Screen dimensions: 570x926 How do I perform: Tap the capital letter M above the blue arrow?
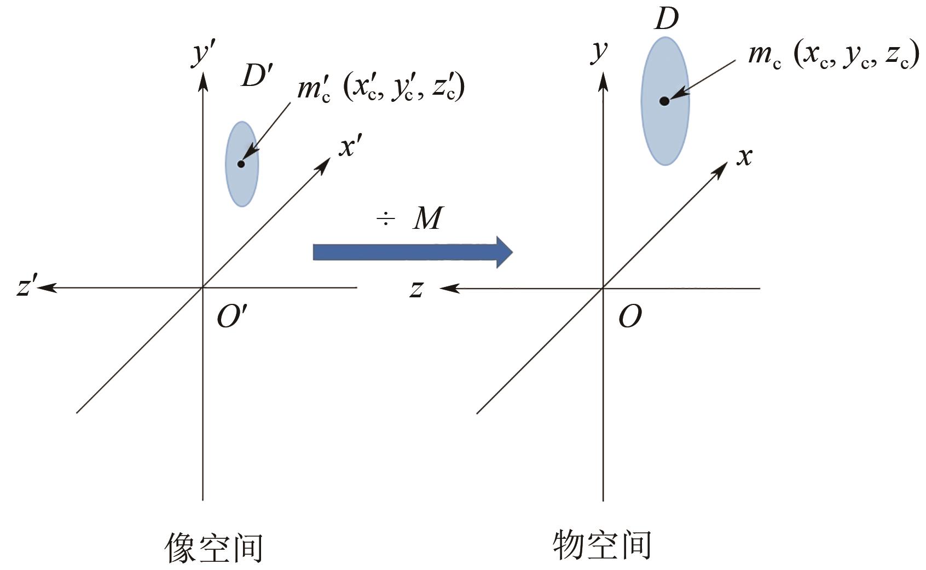pyautogui.click(x=427, y=218)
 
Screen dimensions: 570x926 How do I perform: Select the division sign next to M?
pyautogui.click(x=386, y=219)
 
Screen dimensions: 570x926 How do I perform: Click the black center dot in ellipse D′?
pyautogui.click(x=241, y=164)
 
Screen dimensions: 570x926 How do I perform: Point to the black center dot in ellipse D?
pyautogui.click(x=664, y=101)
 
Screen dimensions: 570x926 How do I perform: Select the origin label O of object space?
pyautogui.click(x=629, y=316)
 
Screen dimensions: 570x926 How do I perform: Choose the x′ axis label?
pyautogui.click(x=349, y=147)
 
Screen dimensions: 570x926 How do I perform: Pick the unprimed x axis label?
pyautogui.click(x=744, y=157)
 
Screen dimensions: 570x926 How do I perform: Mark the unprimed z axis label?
pyautogui.click(x=416, y=289)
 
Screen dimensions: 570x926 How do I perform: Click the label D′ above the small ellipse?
pyautogui.click(x=256, y=77)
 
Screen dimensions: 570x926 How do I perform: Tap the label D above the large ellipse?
pyautogui.click(x=666, y=19)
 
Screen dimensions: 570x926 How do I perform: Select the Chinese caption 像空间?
pyautogui.click(x=214, y=547)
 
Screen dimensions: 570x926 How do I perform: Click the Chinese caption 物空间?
pyautogui.click(x=602, y=545)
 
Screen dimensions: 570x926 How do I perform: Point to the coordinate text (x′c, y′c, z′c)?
pyautogui.click(x=404, y=88)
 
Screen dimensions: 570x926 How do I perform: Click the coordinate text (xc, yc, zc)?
pyautogui.click(x=856, y=56)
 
